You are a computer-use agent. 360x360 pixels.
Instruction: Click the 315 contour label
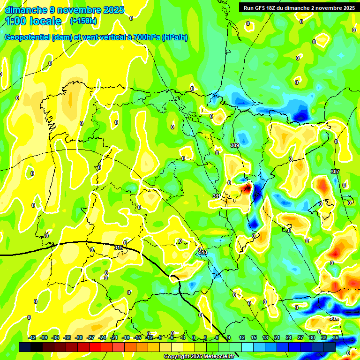click(x=119, y=247)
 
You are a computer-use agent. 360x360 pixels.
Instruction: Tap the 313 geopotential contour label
click(x=202, y=253)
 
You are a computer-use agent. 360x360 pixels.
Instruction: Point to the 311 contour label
click(x=216, y=195)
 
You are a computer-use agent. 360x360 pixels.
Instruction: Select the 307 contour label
click(x=335, y=172)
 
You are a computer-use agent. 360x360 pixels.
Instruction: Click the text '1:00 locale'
click(x=33, y=21)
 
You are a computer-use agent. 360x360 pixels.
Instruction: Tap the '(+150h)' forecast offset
click(x=83, y=21)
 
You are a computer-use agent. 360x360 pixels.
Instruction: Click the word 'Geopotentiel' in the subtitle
click(x=28, y=37)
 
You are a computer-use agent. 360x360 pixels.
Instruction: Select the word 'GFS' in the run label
click(x=262, y=8)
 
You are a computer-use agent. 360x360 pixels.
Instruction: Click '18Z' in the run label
click(x=276, y=8)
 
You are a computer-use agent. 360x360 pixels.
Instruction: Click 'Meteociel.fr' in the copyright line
click(x=216, y=357)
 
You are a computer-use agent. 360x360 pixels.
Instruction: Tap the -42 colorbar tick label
click(x=32, y=337)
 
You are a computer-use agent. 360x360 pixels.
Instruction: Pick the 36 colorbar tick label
click(x=335, y=337)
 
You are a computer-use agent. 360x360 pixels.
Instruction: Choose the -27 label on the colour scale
click(x=90, y=337)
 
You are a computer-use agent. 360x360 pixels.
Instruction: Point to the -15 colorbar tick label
click(x=137, y=337)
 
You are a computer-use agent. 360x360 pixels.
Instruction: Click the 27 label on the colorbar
click(x=300, y=337)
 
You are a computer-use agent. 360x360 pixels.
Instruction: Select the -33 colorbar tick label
click(x=67, y=337)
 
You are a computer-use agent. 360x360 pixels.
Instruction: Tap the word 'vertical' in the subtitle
click(x=111, y=37)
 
